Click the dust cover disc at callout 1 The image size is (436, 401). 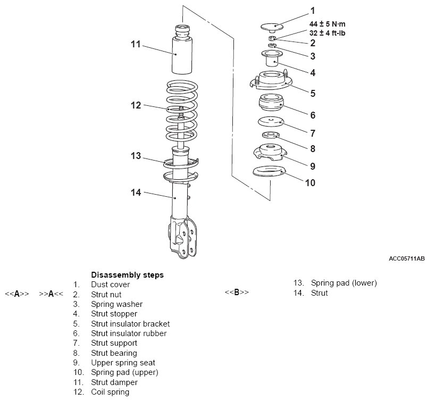[272, 27]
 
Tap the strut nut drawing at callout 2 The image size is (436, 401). [272, 38]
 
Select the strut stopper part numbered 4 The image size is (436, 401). [272, 57]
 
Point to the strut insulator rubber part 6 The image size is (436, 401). [271, 102]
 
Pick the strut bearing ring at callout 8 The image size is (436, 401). [271, 135]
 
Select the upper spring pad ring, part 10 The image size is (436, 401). [269, 171]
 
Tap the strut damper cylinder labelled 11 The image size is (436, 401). [181, 50]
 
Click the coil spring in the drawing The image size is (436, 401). [182, 111]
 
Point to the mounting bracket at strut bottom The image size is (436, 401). [183, 237]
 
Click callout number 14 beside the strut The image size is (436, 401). [136, 193]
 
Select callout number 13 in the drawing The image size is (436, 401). [136, 156]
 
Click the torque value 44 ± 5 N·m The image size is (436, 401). [328, 24]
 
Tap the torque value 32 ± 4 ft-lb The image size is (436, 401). [328, 33]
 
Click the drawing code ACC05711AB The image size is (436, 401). [407, 258]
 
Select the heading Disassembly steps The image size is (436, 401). [128, 275]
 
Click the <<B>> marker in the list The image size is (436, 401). [237, 293]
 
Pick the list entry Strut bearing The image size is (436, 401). [114, 353]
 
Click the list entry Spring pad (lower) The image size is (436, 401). [344, 283]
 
